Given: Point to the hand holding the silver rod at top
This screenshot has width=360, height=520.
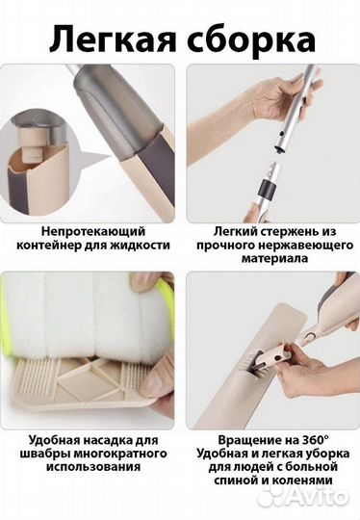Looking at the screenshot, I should pyautogui.click(x=260, y=96).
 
